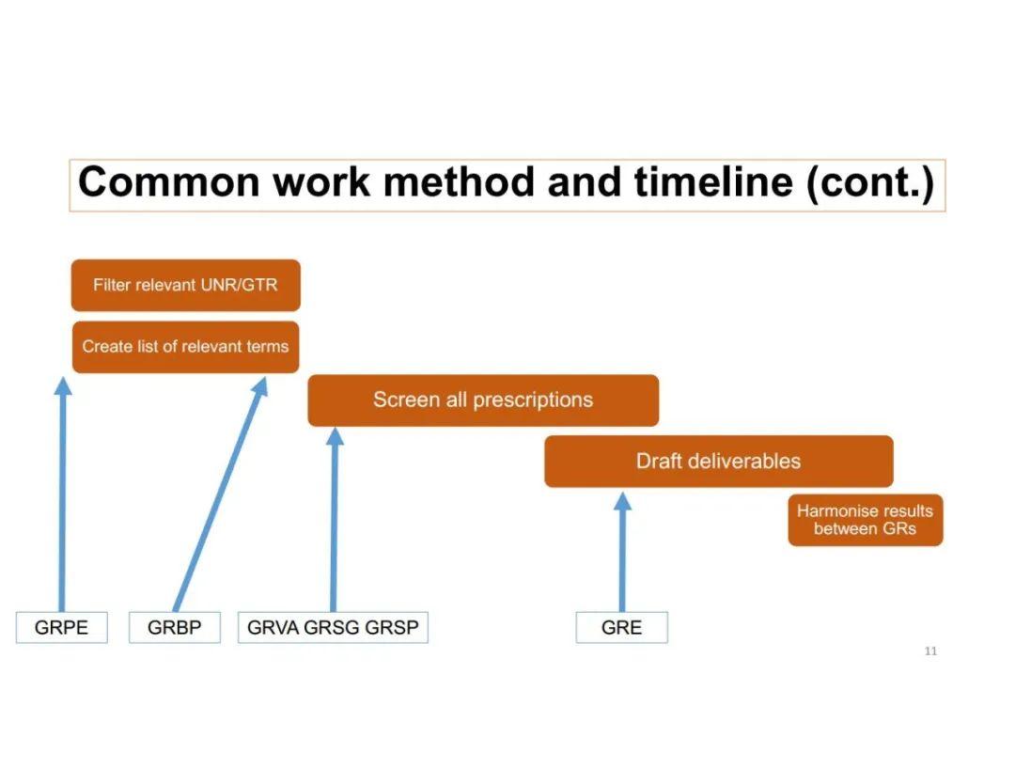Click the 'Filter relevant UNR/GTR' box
tap(186, 285)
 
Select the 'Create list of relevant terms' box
tap(186, 347)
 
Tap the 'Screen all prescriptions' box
tap(484, 400)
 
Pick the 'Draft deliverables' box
tap(719, 461)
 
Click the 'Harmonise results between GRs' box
tap(866, 520)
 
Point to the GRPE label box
tap(61, 627)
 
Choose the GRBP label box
tap(175, 627)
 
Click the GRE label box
tap(621, 627)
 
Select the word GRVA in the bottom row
tap(273, 627)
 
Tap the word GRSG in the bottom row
tap(332, 627)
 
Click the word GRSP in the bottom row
tap(392, 627)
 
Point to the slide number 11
tap(930, 651)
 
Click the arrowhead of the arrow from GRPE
tap(63, 385)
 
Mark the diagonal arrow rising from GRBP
tap(220, 494)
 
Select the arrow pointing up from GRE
tap(622, 552)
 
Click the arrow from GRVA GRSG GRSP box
tap(334, 519)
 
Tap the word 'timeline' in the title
tap(714, 182)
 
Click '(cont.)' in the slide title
tap(870, 183)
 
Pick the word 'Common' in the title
tap(169, 182)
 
